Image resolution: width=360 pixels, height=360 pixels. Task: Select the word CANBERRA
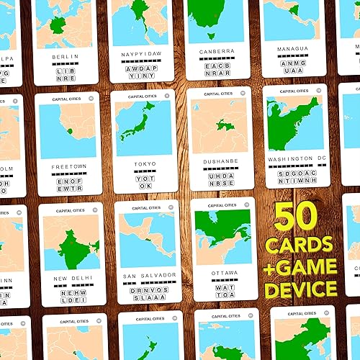point(217,52)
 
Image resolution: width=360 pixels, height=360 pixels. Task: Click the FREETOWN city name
point(70,166)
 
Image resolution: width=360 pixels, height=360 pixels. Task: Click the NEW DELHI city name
point(70,278)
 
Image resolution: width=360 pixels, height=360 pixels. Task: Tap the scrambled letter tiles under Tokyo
point(145,181)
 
